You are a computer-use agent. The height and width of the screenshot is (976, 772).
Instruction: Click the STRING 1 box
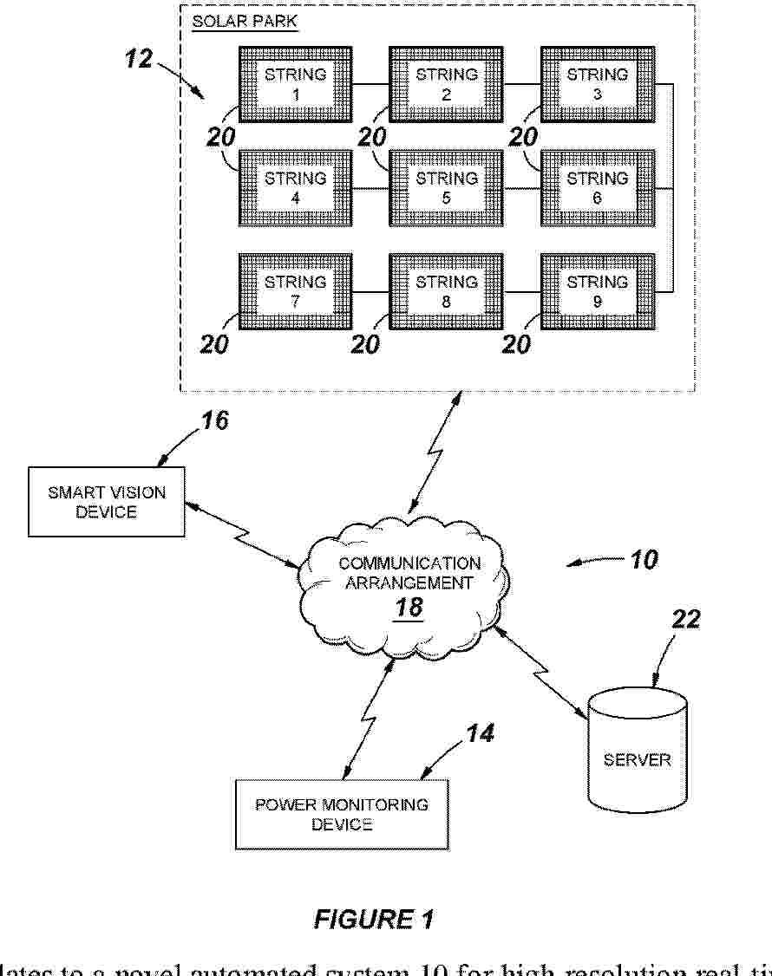click(x=295, y=84)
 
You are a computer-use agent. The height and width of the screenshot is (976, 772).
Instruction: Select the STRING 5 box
click(x=446, y=188)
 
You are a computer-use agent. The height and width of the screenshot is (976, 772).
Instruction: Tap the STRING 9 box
click(x=597, y=292)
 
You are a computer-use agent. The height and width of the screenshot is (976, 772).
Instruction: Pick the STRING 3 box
click(x=597, y=84)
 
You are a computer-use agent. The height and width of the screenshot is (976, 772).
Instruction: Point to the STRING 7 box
click(x=295, y=292)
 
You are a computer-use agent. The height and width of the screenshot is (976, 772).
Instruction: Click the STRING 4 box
click(x=295, y=188)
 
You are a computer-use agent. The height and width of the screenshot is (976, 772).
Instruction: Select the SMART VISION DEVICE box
click(x=107, y=502)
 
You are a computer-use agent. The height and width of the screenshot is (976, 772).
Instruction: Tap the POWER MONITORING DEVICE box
click(x=342, y=814)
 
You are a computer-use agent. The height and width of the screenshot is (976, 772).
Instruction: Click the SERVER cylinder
click(x=637, y=751)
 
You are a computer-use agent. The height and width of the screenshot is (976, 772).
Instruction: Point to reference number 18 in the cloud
click(x=408, y=608)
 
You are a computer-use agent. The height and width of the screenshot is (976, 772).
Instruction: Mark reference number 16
click(x=215, y=421)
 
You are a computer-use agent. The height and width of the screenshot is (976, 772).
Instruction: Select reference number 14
click(x=479, y=733)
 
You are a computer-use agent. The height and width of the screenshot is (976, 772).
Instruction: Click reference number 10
click(x=644, y=559)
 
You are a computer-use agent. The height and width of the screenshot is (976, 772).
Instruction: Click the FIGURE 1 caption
click(x=374, y=919)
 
